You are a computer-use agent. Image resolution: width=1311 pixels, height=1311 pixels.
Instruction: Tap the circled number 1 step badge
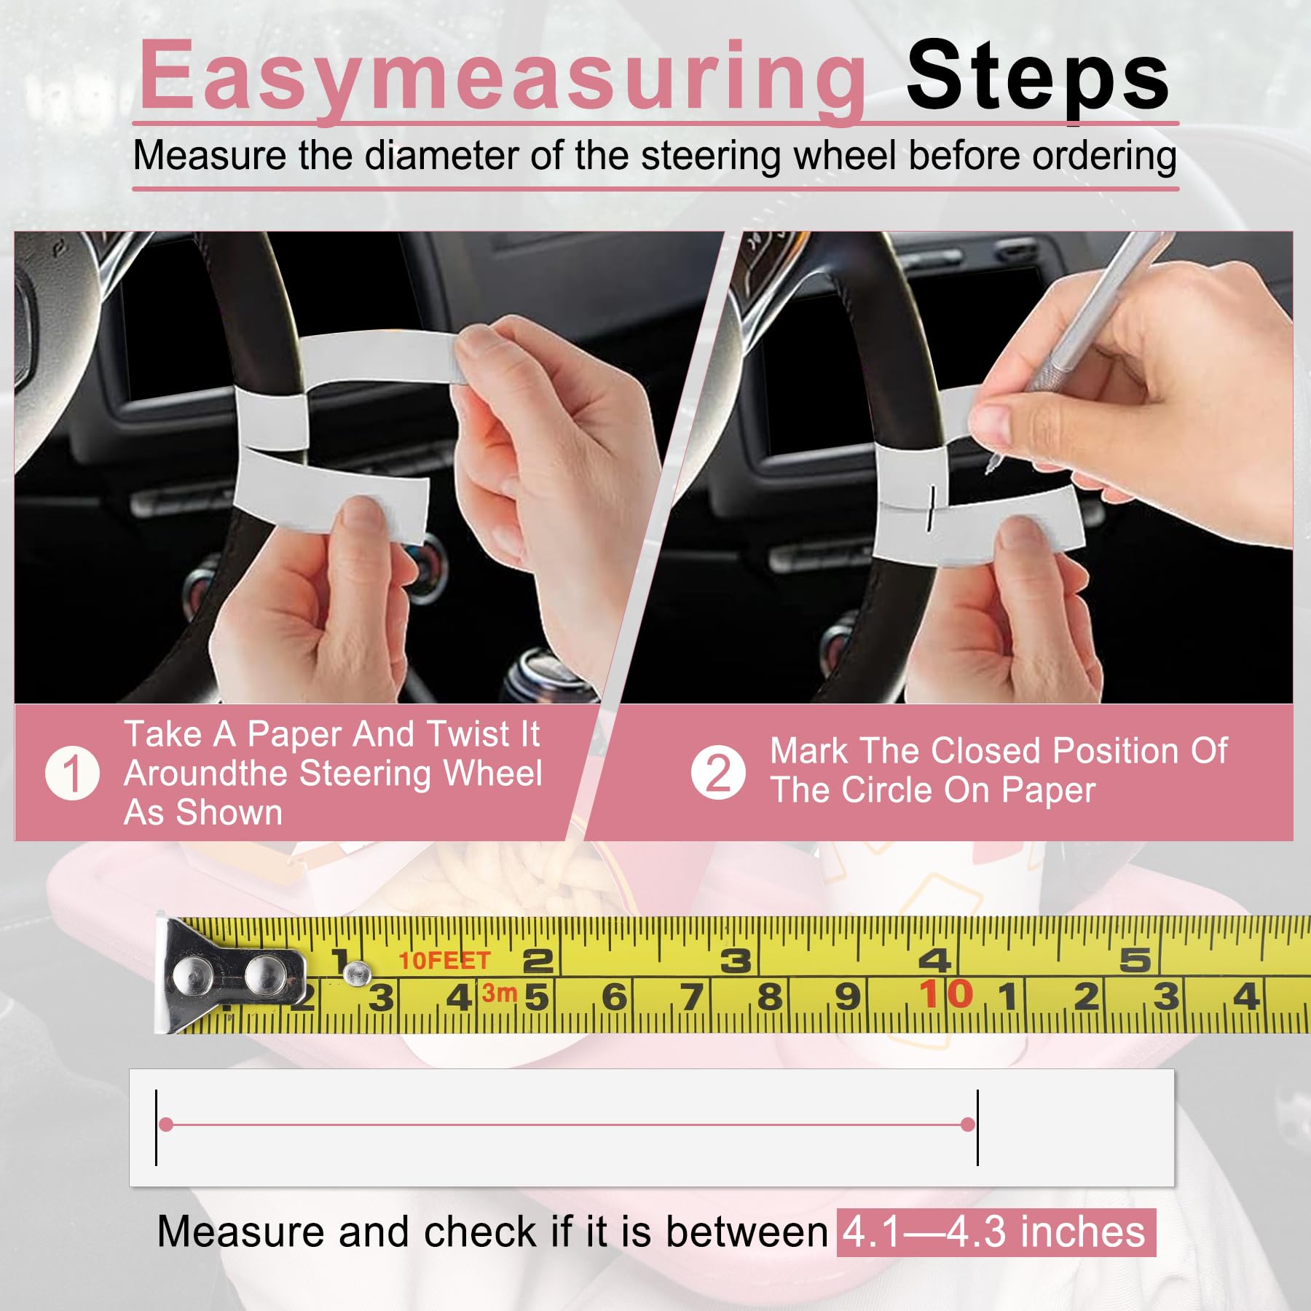tap(72, 773)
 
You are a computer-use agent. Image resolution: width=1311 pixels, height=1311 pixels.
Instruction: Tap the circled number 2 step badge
tap(718, 773)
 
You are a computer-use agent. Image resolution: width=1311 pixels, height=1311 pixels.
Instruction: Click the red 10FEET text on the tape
tap(444, 961)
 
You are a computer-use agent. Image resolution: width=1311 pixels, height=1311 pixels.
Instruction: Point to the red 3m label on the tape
tap(499, 993)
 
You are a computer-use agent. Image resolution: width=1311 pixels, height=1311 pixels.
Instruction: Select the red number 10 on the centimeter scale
tap(946, 995)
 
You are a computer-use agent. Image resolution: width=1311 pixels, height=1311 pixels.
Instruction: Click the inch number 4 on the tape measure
tap(934, 961)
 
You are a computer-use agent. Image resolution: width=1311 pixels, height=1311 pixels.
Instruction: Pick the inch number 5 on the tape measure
tap(1135, 961)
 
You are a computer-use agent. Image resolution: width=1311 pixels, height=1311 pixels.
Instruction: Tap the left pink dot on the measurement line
tap(166, 1125)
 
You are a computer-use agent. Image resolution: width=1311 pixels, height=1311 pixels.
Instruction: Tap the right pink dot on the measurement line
tap(968, 1125)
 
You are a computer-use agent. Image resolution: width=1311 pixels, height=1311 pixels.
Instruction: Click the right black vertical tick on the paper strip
tap(977, 1127)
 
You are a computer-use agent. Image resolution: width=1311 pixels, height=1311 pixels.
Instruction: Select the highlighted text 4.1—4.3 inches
tap(995, 1232)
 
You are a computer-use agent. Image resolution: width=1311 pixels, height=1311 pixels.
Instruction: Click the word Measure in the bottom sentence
tap(240, 1232)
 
